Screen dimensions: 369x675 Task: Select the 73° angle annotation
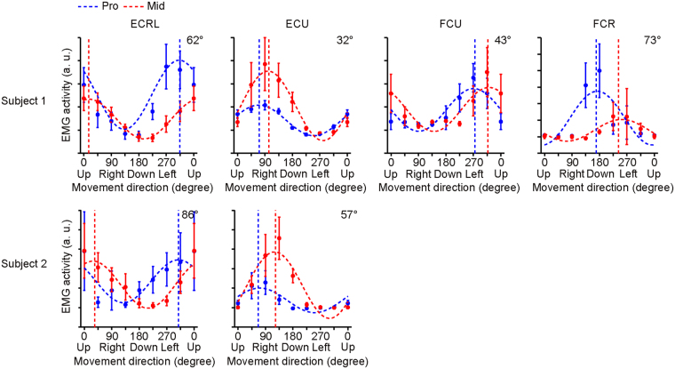pos(653,41)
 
